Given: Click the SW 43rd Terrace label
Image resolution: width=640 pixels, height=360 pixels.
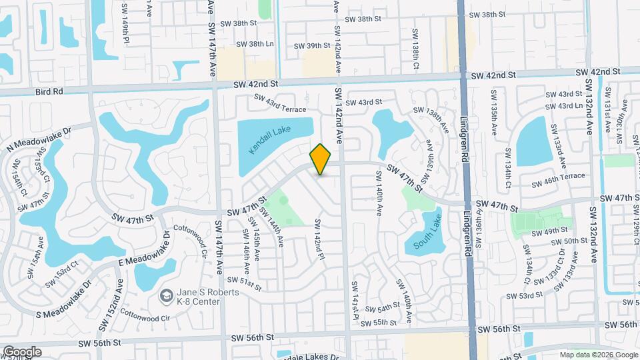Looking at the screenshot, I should point(279,104).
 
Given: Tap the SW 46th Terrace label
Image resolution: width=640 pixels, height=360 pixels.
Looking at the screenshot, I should point(558,180).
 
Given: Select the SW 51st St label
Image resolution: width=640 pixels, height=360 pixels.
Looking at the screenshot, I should point(243,283).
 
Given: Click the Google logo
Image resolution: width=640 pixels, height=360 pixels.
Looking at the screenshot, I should point(22,352).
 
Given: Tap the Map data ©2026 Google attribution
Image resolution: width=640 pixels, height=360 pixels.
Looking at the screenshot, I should point(598,355).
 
